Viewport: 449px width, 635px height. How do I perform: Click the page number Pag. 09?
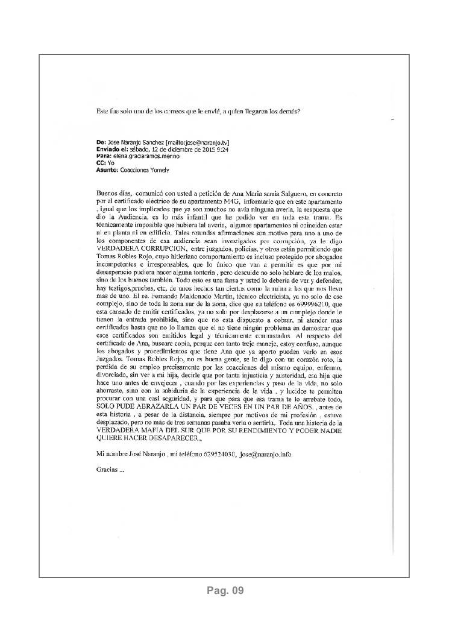tap(224, 590)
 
